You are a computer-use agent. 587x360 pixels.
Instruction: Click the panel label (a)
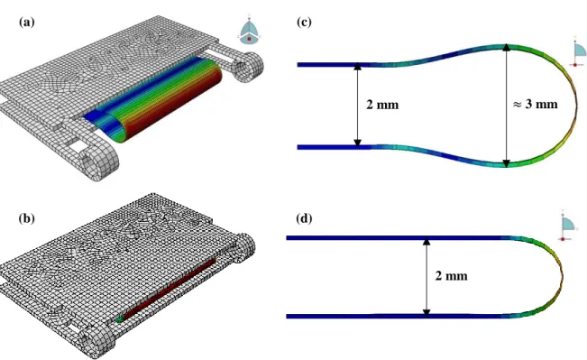(x=26, y=23)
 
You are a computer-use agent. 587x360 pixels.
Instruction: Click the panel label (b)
(x=26, y=218)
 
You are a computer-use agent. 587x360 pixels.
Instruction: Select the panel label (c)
(x=304, y=22)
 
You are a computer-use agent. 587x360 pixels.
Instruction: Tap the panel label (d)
(x=304, y=218)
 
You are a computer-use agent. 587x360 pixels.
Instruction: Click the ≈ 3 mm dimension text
(x=536, y=104)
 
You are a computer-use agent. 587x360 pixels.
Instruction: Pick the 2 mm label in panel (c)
(x=382, y=105)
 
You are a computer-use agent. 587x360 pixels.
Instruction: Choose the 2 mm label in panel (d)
(x=451, y=276)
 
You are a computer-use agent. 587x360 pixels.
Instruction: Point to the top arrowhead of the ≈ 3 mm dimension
(x=506, y=47)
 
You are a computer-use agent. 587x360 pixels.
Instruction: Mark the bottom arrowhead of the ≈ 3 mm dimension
(x=506, y=163)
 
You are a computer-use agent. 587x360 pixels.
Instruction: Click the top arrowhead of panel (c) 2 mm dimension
(x=357, y=66)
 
